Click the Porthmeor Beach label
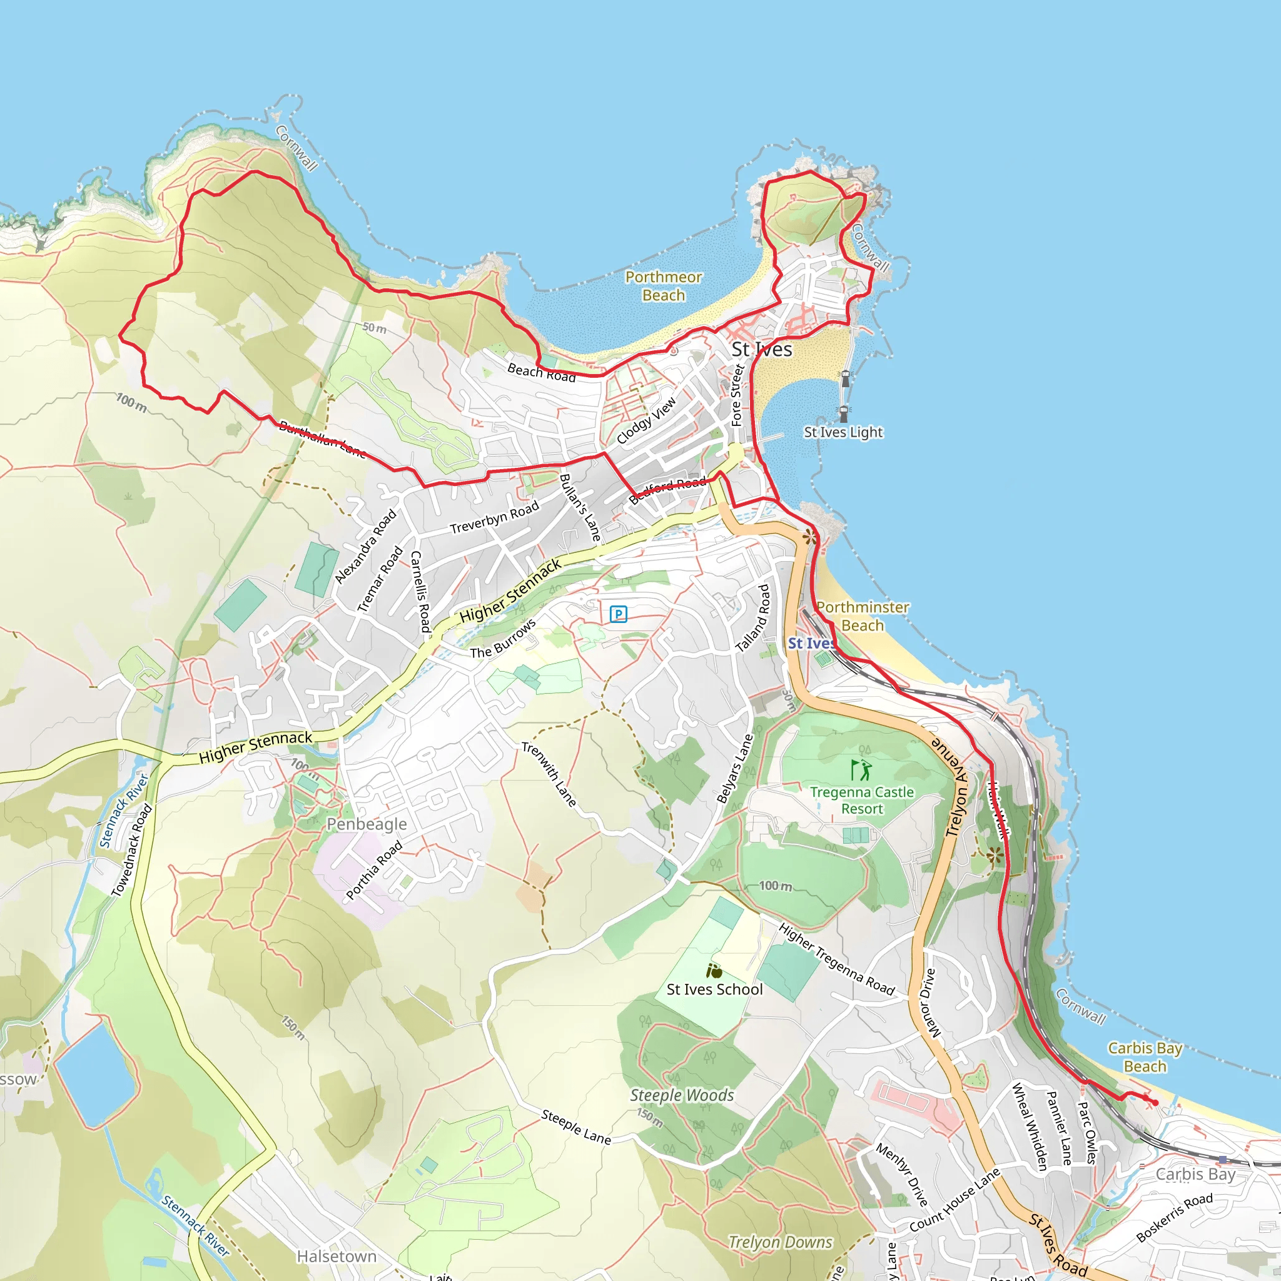pyautogui.click(x=663, y=286)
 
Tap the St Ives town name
pyautogui.click(x=761, y=350)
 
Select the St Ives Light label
pyautogui.click(x=843, y=432)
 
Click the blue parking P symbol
pyautogui.click(x=618, y=614)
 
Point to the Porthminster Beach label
pyautogui.click(x=862, y=616)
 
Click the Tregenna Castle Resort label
pyautogui.click(x=861, y=800)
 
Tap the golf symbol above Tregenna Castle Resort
pyautogui.click(x=861, y=770)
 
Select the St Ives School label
pyautogui.click(x=714, y=990)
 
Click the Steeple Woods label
pyautogui.click(x=682, y=1095)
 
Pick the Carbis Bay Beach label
pyautogui.click(x=1145, y=1057)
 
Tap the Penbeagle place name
pyautogui.click(x=367, y=824)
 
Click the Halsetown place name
pyautogui.click(x=336, y=1257)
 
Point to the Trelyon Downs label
pyautogui.click(x=780, y=1242)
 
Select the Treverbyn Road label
pyautogui.click(x=494, y=518)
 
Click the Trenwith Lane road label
pyautogui.click(x=549, y=774)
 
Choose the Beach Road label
pyautogui.click(x=541, y=372)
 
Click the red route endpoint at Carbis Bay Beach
pyautogui.click(x=1155, y=1103)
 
